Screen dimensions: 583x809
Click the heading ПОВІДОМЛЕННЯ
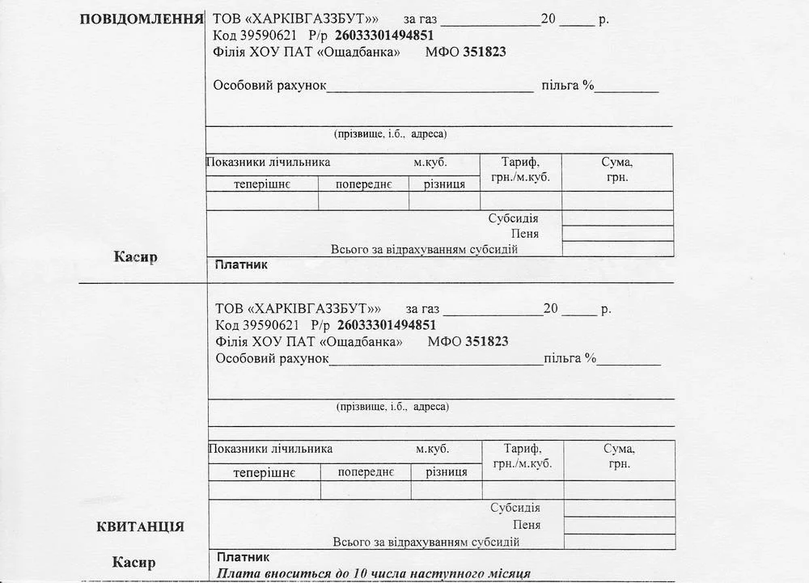tap(141, 19)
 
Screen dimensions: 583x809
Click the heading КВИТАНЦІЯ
tap(140, 526)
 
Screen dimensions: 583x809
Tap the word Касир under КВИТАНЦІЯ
tap(133, 562)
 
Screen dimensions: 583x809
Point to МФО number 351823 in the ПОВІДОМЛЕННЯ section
tap(485, 52)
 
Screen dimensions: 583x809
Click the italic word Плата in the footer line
tap(236, 573)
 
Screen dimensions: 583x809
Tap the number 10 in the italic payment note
tap(362, 573)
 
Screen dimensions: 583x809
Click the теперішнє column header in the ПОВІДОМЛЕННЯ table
tap(262, 184)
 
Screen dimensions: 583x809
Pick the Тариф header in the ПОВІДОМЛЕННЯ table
tap(520, 162)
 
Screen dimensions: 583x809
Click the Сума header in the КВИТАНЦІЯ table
tap(619, 449)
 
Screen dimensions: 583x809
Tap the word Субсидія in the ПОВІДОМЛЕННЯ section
tap(513, 218)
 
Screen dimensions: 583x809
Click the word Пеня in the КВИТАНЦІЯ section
tap(527, 525)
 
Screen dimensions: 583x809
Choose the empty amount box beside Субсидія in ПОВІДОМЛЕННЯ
tap(617, 218)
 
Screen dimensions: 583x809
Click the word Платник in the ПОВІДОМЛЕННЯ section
tap(240, 264)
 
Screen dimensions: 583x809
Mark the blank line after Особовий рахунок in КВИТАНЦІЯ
tap(436, 361)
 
